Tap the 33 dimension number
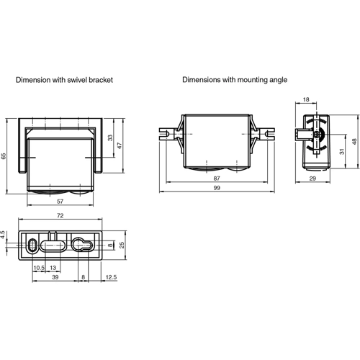[110, 138]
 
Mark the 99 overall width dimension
[217, 188]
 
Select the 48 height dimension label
[354, 142]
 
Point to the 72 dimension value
[60, 216]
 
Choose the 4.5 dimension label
[4, 235]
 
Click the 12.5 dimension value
[110, 276]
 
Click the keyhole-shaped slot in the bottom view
[81, 245]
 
